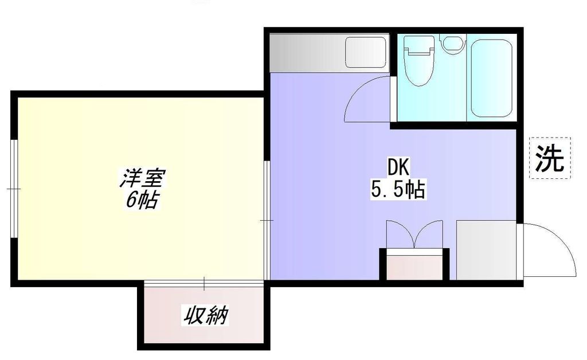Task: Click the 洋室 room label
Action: (x=142, y=179)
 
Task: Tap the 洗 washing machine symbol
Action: (x=549, y=158)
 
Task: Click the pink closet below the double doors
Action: (x=414, y=267)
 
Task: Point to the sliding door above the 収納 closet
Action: (x=204, y=282)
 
